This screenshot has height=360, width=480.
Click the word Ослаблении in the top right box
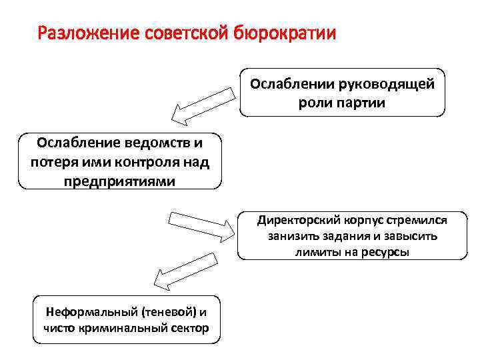tap(293, 85)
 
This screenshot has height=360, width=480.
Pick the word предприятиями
tap(120, 180)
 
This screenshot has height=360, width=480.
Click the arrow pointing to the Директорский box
tap(201, 225)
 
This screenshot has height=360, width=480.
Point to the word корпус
tap(361, 219)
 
